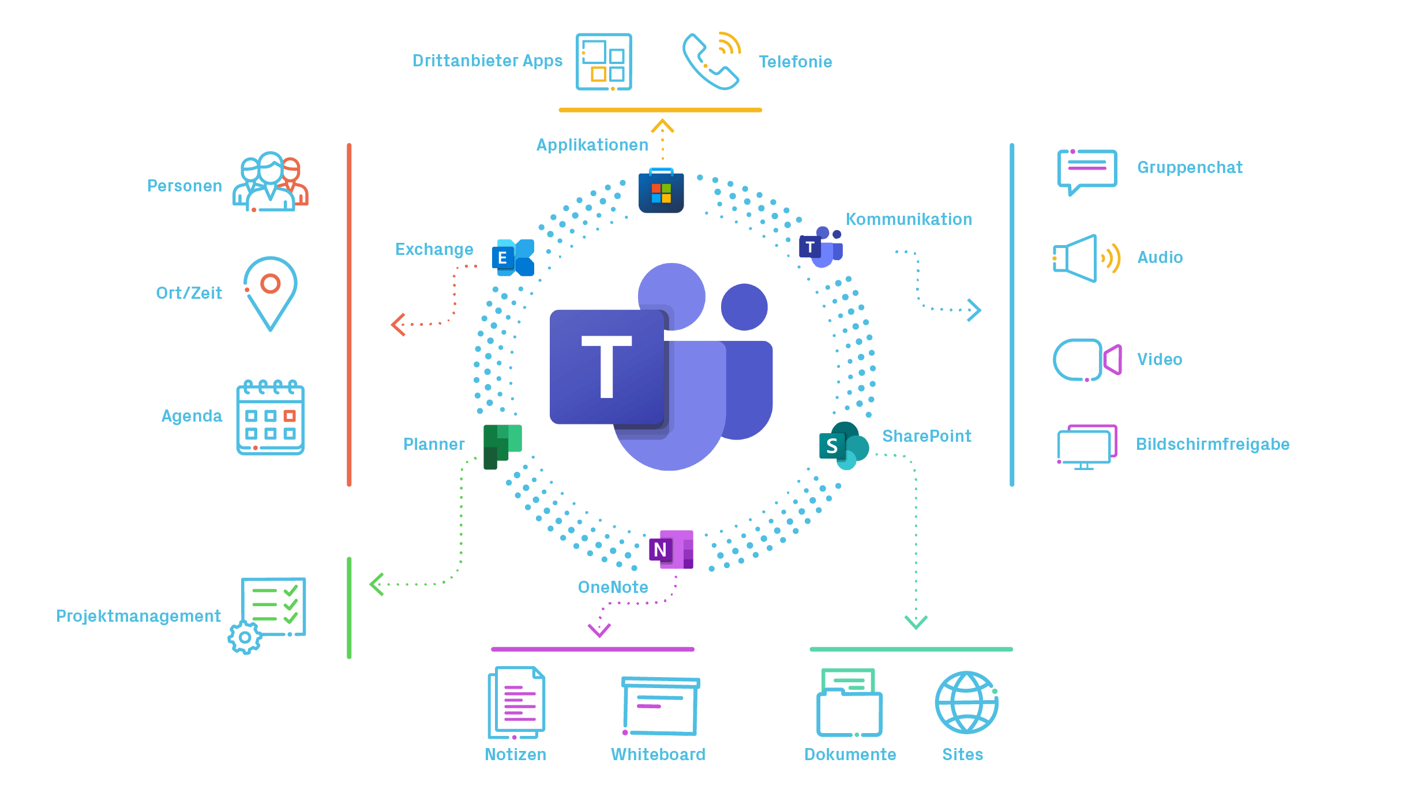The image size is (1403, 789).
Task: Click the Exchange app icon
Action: click(513, 258)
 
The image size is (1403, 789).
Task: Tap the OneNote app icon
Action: click(671, 549)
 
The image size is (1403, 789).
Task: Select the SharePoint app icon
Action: click(843, 445)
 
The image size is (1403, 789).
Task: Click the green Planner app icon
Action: click(502, 446)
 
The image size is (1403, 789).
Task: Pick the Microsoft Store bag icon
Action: click(661, 192)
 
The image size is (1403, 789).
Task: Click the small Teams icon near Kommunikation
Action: click(820, 247)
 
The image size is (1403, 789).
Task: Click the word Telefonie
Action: click(795, 62)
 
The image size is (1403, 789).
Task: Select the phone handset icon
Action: click(708, 63)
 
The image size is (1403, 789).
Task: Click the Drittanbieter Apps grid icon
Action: click(603, 62)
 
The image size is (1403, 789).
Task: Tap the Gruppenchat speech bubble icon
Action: click(1087, 171)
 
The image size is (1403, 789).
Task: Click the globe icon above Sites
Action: click(966, 702)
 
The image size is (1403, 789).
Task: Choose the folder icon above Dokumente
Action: click(849, 704)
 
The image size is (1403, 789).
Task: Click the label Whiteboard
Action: click(658, 754)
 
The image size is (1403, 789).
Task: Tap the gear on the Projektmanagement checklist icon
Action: click(245, 637)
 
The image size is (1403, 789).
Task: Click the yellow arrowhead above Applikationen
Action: click(662, 125)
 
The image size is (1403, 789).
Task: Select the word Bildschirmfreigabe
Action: click(1212, 445)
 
